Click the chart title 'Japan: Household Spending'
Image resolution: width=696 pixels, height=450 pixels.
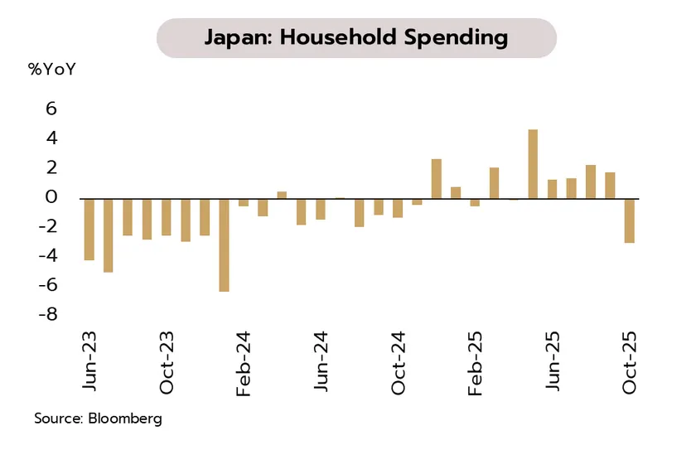tap(355, 37)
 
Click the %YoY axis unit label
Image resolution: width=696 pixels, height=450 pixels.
tap(51, 70)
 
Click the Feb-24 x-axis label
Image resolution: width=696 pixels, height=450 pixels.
tap(244, 365)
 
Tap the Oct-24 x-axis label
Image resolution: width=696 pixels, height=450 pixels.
tap(398, 365)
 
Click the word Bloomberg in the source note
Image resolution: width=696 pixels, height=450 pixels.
tap(123, 419)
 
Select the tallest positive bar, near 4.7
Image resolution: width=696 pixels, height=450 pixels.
tap(533, 164)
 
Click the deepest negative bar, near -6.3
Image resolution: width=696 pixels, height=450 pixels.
tap(224, 244)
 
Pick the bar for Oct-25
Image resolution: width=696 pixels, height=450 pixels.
tap(629, 220)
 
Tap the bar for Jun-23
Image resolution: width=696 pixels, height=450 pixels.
tap(89, 230)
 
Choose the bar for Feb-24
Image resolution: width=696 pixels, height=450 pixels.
tap(244, 202)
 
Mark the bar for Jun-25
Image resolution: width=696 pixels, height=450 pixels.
tap(552, 189)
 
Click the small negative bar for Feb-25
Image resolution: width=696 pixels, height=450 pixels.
tap(475, 202)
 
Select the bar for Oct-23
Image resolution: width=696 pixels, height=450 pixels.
tap(166, 217)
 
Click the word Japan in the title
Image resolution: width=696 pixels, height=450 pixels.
tap(234, 37)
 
